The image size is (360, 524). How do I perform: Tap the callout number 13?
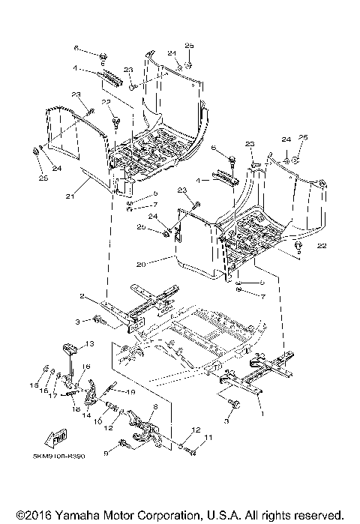(88, 343)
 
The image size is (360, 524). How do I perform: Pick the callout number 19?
(129, 392)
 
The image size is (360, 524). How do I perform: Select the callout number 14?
(85, 415)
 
